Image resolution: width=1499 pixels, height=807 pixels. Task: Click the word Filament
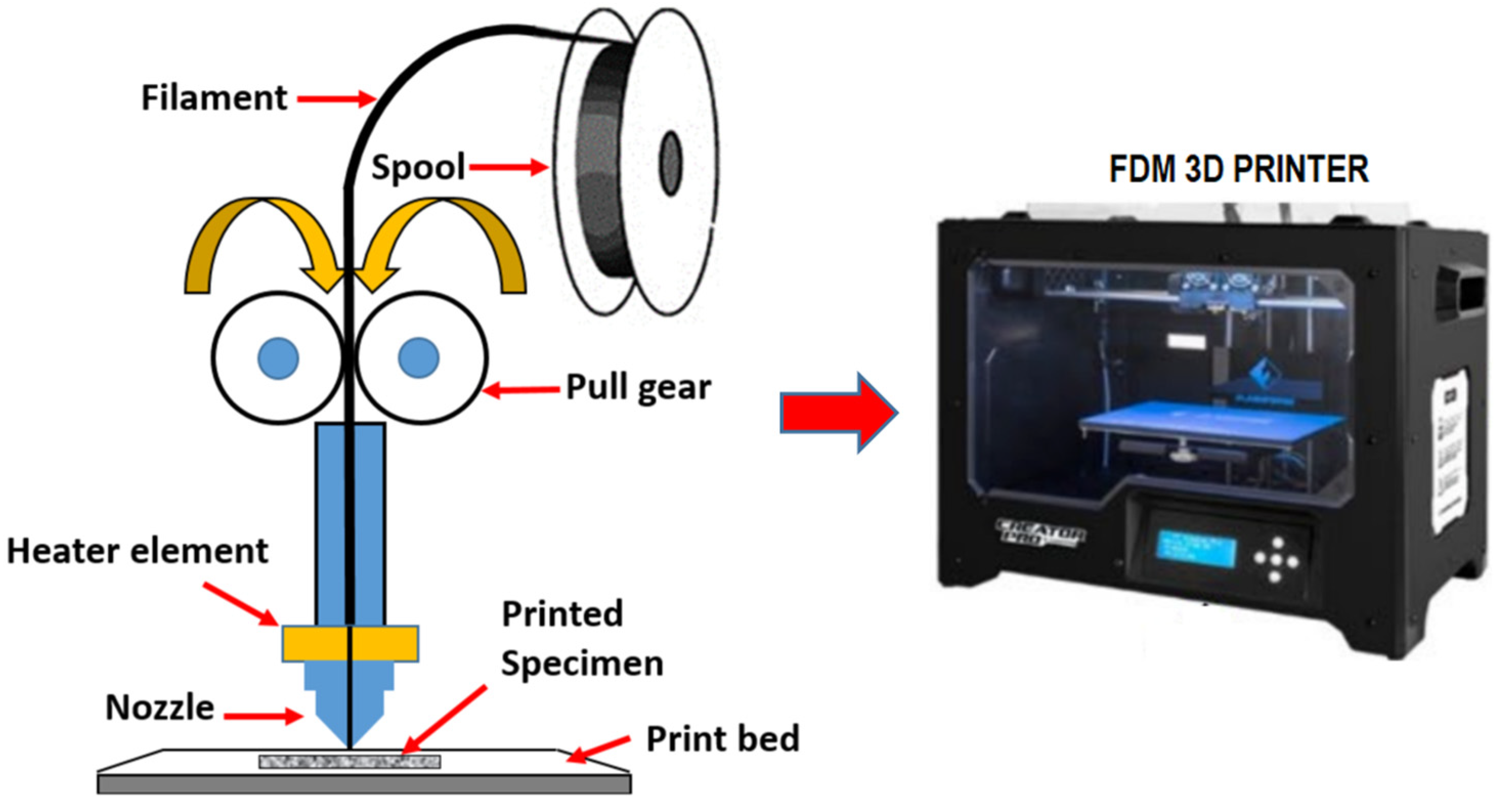(214, 98)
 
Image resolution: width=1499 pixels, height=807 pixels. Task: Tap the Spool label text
(418, 167)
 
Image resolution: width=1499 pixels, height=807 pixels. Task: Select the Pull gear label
(638, 387)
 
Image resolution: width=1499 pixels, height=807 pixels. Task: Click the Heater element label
(137, 551)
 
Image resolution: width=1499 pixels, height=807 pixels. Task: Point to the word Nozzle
(160, 708)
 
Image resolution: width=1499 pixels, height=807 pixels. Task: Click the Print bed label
(723, 739)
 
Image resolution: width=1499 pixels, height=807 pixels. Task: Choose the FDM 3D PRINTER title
(1239, 169)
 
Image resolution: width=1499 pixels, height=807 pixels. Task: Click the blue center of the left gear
(279, 358)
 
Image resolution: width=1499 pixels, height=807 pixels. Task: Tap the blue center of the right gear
(419, 358)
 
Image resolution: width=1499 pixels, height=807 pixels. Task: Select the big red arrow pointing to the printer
(838, 413)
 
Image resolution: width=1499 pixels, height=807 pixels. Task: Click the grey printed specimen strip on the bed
(350, 761)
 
